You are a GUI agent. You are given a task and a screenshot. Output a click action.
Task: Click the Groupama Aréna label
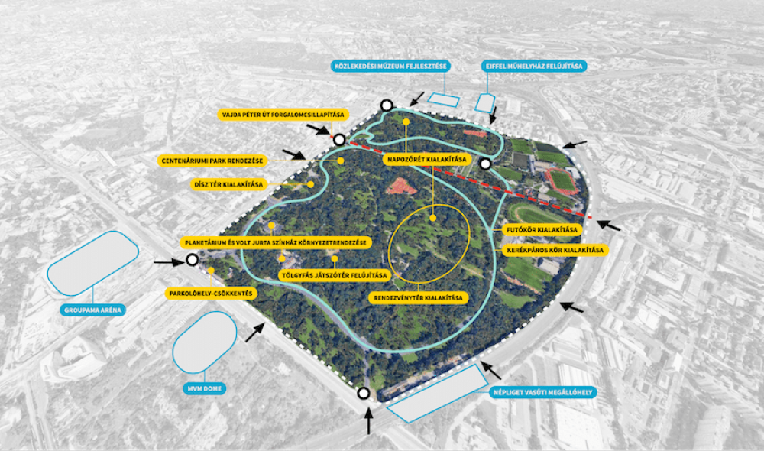click(92, 310)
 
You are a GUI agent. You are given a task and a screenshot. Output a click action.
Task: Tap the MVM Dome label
click(205, 388)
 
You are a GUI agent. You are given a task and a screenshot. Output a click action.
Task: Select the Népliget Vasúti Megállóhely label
click(542, 392)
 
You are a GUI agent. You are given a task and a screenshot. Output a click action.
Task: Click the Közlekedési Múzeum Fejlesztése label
click(390, 66)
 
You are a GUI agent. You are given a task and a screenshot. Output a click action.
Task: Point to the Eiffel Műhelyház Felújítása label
click(534, 66)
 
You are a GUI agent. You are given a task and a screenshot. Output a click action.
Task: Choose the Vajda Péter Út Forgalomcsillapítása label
click(283, 115)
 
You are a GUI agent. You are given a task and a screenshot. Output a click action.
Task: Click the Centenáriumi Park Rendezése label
click(212, 161)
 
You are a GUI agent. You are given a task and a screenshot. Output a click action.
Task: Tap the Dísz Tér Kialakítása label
click(228, 184)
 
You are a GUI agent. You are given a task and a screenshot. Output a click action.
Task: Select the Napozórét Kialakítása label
click(427, 159)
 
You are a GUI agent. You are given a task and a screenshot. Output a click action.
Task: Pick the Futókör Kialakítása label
click(542, 229)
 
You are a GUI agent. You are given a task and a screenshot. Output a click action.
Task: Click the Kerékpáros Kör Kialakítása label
click(555, 250)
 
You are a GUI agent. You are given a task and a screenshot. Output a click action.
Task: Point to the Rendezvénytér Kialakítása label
click(418, 297)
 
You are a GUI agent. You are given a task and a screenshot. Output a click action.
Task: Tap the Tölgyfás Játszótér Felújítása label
click(335, 275)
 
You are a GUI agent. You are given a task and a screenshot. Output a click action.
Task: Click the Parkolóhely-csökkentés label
click(211, 294)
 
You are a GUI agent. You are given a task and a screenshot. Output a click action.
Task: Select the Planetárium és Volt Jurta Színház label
click(275, 242)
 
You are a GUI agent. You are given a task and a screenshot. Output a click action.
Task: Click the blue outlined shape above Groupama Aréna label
click(92, 263)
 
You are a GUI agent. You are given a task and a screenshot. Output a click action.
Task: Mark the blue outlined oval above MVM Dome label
click(205, 342)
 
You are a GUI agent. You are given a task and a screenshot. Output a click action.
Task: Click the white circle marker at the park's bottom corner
click(363, 393)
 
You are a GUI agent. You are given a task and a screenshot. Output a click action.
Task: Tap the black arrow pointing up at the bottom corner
click(368, 421)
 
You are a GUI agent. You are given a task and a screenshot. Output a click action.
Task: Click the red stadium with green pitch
click(562, 181)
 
